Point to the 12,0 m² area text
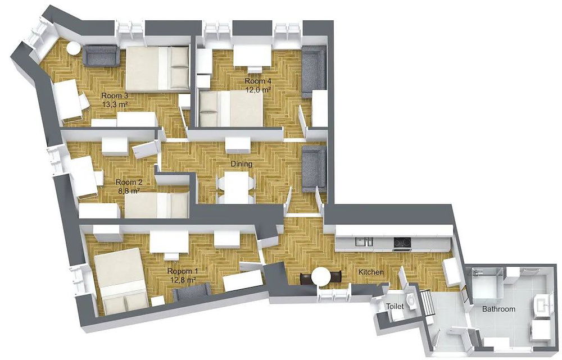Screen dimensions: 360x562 (x=258, y=90)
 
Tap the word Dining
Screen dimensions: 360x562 (x=241, y=164)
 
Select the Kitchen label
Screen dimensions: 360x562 (x=371, y=272)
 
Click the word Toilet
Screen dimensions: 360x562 (x=395, y=307)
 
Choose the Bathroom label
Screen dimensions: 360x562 (x=498, y=309)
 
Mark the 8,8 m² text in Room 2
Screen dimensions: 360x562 (x=129, y=191)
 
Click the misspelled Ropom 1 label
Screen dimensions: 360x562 (x=182, y=271)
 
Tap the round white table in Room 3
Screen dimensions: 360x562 (x=74, y=48)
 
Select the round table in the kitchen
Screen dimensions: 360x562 (x=321, y=276)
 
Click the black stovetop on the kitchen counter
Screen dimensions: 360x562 (x=402, y=243)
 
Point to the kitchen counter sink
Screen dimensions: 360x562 (x=364, y=242)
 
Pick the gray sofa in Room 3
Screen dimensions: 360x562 (x=101, y=55)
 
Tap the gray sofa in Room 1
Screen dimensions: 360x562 (x=191, y=292)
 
